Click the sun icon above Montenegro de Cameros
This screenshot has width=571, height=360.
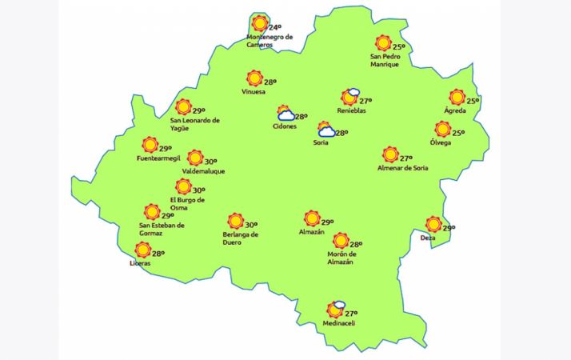pos(258,23)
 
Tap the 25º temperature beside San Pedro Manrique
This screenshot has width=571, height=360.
pos(397,47)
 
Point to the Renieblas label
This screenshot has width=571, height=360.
pos(351,111)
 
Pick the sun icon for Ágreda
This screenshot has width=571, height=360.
pos(457,97)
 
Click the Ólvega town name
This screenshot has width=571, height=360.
pos(441,142)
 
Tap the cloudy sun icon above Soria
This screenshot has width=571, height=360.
pos(326,130)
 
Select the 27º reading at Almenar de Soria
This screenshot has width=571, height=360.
pos(406,158)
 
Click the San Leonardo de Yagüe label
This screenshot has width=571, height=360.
pos(195,125)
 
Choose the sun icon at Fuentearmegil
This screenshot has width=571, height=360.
pos(150,145)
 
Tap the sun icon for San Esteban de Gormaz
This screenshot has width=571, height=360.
pos(151,211)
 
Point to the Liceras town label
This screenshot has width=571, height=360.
pos(140,263)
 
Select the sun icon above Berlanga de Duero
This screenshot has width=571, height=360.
pos(235,221)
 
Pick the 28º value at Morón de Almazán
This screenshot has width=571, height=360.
pos(356,244)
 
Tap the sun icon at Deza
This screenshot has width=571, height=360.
pos(433,224)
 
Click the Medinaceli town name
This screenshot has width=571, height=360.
pos(338,323)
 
